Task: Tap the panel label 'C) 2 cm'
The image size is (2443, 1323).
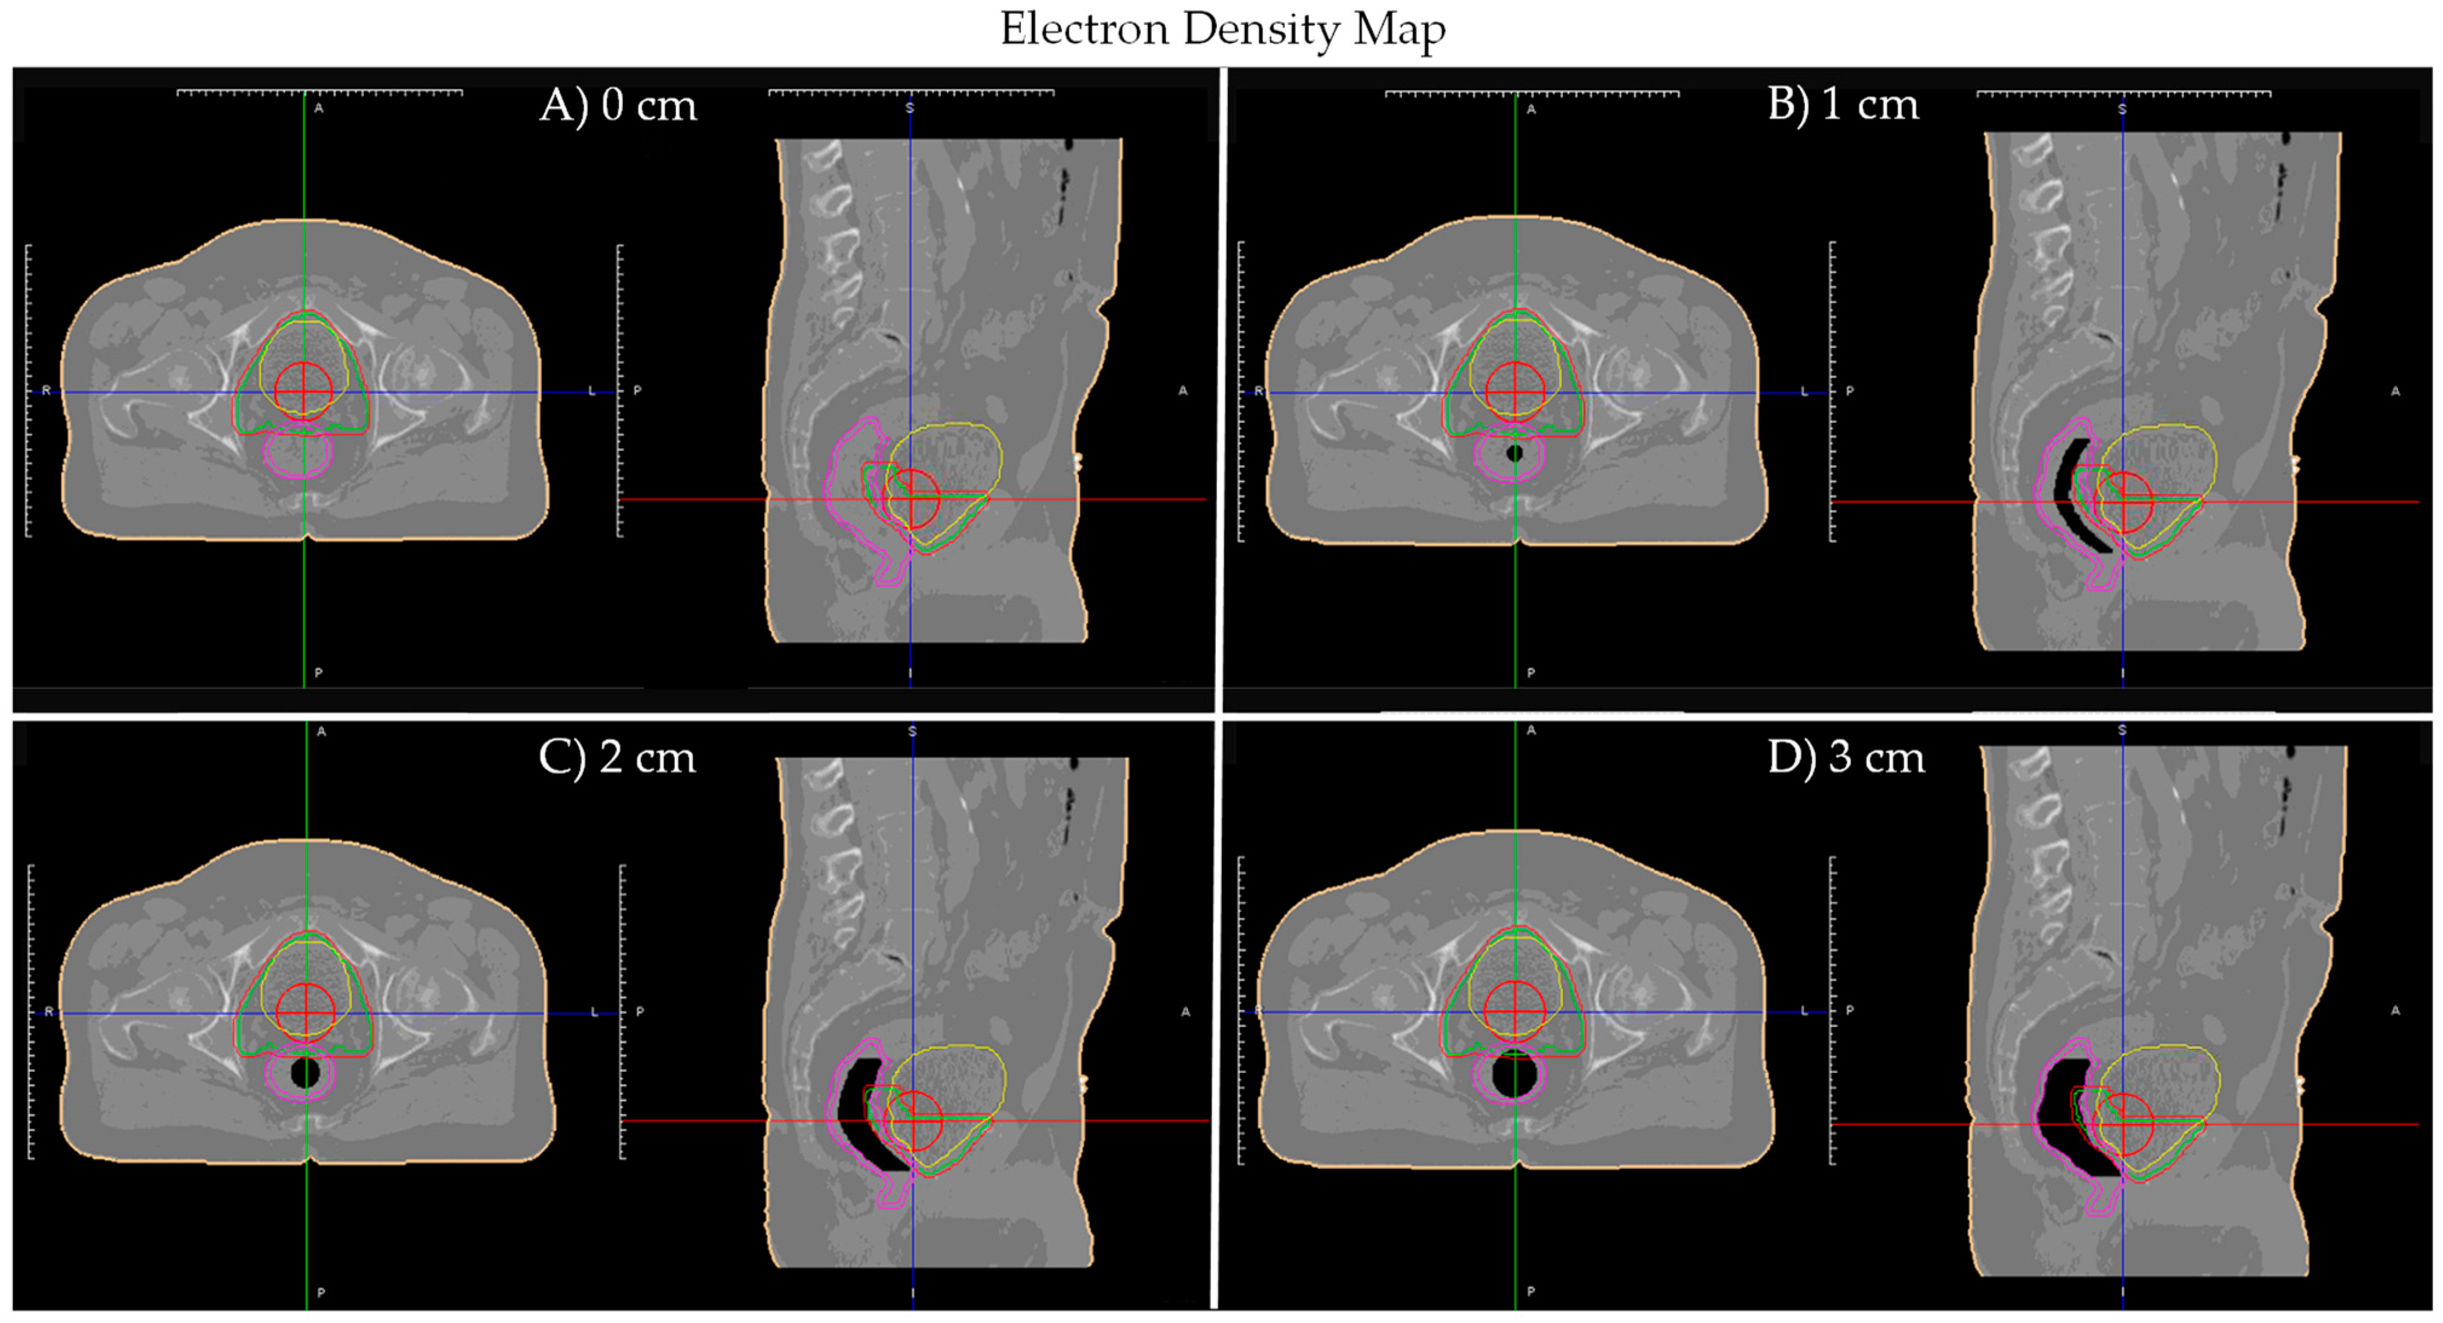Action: [x=617, y=758]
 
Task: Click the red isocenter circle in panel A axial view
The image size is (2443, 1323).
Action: [x=304, y=390]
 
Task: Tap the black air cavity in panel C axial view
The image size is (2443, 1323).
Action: [x=306, y=1072]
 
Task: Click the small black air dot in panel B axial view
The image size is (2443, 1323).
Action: [x=1514, y=453]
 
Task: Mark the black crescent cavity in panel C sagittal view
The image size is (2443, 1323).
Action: [x=863, y=1119]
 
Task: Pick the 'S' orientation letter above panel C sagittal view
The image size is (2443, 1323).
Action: [x=912, y=731]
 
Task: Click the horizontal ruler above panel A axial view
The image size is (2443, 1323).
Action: [x=319, y=92]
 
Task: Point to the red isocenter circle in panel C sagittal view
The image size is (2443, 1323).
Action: [x=914, y=1121]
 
